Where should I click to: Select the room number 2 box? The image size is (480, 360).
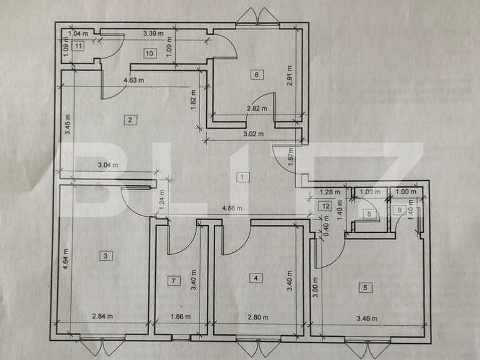click(x=130, y=120)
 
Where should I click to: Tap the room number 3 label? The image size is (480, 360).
click(x=106, y=255)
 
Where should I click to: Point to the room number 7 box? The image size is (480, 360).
click(x=173, y=281)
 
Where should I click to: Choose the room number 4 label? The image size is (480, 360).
click(x=256, y=278)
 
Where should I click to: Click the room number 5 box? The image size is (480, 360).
click(x=365, y=287)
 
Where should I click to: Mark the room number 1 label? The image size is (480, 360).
click(x=242, y=177)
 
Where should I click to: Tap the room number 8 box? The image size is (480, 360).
click(x=369, y=215)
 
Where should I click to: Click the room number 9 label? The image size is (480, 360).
click(x=400, y=210)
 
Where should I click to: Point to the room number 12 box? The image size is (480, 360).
click(x=325, y=206)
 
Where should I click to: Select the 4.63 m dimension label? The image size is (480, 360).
click(x=133, y=80)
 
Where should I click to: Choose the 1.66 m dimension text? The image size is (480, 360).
click(x=180, y=317)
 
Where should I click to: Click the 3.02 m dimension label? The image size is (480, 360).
click(x=253, y=134)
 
